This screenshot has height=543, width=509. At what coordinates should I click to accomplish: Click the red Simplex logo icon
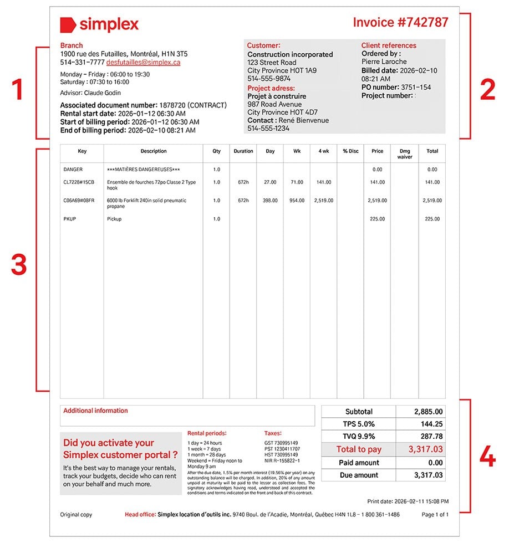(x=68, y=25)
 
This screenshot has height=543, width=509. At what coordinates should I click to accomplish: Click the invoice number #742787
(x=400, y=22)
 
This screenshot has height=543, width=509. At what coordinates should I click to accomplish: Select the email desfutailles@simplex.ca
(x=143, y=63)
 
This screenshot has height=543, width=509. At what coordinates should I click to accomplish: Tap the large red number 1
(x=18, y=90)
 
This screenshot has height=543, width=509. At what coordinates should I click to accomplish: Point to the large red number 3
(x=19, y=265)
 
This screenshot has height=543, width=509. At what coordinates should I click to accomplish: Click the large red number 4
(x=487, y=458)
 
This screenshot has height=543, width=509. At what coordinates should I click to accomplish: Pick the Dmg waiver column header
(x=405, y=153)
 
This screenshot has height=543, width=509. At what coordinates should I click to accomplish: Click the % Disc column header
(x=350, y=151)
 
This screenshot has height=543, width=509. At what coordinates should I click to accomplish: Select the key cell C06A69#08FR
(x=79, y=201)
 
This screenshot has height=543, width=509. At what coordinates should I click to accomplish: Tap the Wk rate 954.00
(x=297, y=201)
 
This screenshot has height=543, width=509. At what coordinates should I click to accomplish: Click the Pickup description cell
(x=114, y=219)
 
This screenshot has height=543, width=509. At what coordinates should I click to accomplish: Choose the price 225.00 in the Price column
(x=378, y=219)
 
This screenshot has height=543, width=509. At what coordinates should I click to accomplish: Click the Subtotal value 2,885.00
(x=429, y=412)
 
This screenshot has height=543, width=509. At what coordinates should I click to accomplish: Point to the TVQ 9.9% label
(x=359, y=437)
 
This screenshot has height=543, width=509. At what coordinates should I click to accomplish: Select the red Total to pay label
(x=359, y=449)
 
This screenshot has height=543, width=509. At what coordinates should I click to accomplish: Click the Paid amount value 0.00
(x=435, y=463)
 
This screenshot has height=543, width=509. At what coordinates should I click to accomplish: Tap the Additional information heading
(x=95, y=411)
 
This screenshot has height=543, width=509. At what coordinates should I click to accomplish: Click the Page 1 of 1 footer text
(x=435, y=515)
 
